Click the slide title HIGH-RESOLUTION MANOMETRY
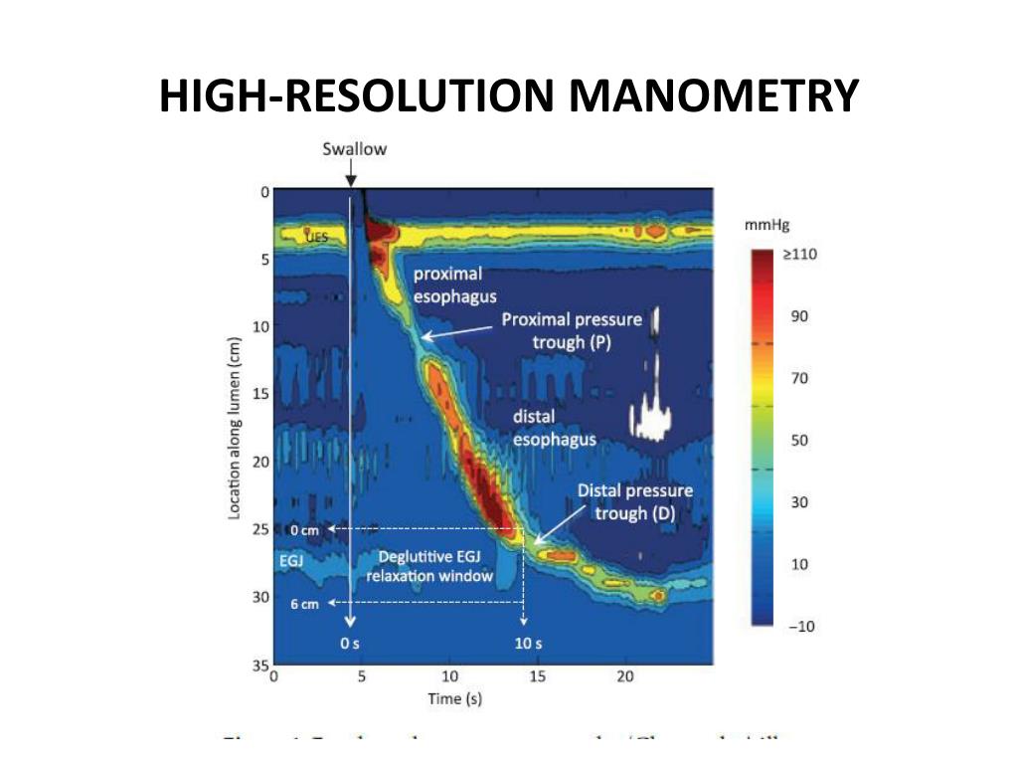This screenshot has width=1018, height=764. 508,96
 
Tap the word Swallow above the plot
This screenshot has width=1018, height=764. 354,149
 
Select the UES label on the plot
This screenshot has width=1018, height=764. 316,237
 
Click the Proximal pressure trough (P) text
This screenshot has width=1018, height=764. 571,330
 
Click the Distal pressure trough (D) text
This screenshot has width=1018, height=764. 634,502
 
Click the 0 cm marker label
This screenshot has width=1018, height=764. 304,529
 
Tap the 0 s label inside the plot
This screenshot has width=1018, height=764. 350,644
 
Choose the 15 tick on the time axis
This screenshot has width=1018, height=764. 538,676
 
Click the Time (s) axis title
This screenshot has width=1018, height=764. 454,698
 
